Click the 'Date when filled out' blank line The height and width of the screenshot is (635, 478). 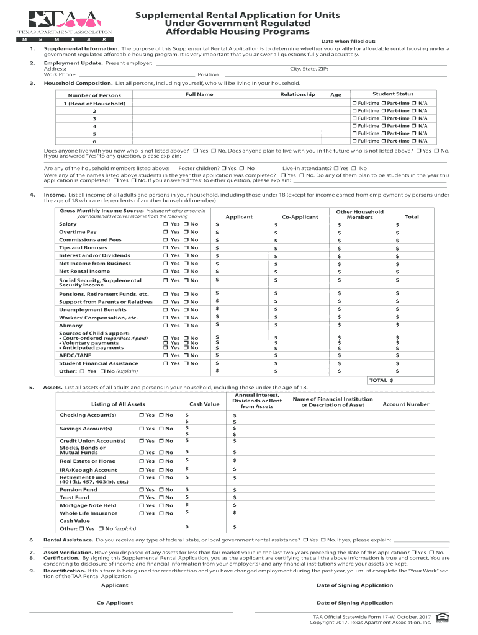click(x=412, y=42)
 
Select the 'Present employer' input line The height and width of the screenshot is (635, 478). click(x=300, y=64)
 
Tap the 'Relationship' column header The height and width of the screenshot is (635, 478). click(x=297, y=94)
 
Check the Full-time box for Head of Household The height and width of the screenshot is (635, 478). click(x=354, y=103)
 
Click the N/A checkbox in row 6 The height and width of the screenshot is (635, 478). click(x=415, y=141)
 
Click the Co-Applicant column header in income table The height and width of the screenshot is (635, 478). click(x=300, y=217)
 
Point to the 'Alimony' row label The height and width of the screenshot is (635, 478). click(x=70, y=326)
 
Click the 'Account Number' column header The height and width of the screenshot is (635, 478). click(x=405, y=404)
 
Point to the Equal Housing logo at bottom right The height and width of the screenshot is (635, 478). click(x=441, y=617)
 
